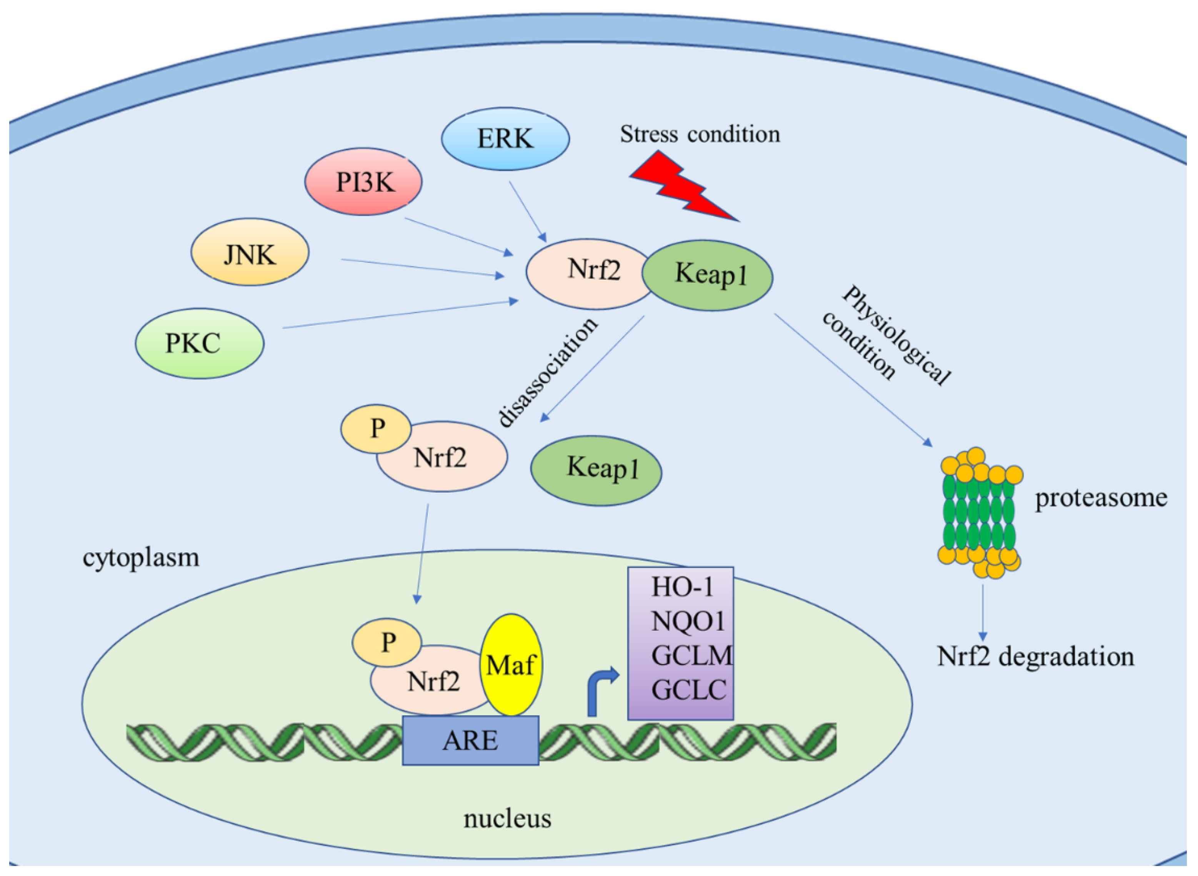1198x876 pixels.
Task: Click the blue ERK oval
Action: click(505, 139)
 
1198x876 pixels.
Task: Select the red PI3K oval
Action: click(363, 182)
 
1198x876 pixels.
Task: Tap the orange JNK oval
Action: click(250, 252)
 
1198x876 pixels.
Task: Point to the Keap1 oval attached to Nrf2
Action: click(707, 275)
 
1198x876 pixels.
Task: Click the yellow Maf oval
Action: click(511, 665)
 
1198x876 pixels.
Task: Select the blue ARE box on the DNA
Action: click(470, 741)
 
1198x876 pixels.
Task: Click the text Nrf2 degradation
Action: click(1035, 656)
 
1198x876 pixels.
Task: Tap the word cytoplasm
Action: click(141, 558)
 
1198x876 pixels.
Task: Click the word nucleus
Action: click(507, 818)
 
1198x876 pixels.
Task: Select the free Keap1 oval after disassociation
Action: click(596, 471)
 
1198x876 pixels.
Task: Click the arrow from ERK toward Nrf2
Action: click(528, 212)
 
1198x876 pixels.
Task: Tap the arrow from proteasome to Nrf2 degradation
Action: click(983, 613)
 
